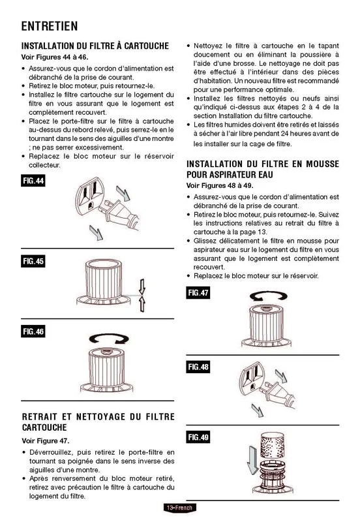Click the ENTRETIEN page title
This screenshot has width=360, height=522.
(50, 26)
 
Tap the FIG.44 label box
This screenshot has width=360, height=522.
(33, 181)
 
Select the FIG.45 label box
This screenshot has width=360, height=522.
(33, 261)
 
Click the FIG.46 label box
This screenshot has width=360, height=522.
(33, 331)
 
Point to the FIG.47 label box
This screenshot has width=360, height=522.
(198, 292)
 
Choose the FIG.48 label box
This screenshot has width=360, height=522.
(198, 367)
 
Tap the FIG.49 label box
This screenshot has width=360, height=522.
(198, 437)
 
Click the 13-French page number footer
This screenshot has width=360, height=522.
(179, 508)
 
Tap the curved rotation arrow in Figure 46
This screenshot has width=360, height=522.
(109, 339)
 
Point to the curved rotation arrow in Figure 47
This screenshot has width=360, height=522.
(268, 296)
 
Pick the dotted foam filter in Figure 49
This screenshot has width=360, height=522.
(273, 446)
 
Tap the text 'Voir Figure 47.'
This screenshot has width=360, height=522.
(46, 441)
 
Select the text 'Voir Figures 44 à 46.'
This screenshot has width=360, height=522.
(55, 57)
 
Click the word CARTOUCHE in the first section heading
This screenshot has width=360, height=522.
(146, 46)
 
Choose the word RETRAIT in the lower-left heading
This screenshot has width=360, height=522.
(40, 417)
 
